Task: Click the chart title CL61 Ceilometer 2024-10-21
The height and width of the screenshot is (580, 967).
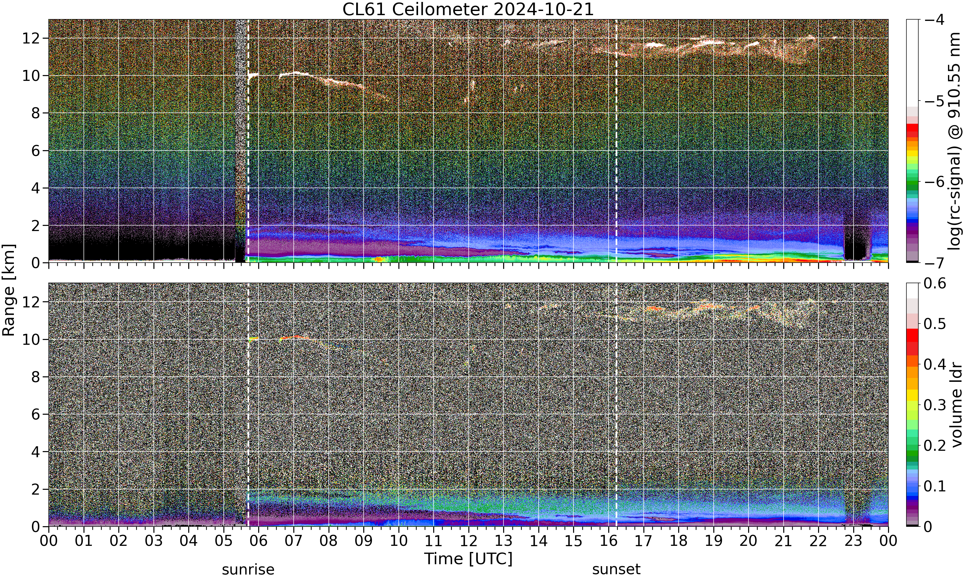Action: (468, 9)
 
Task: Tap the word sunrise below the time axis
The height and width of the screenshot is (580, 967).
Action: (248, 569)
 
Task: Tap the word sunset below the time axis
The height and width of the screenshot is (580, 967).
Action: (616, 569)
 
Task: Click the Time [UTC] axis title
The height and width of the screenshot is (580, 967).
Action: (468, 558)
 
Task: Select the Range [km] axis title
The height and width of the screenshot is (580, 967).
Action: (9, 290)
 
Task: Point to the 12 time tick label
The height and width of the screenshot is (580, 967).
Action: (468, 541)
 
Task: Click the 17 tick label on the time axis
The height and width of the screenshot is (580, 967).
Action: (643, 541)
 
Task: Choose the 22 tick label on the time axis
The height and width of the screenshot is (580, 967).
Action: (818, 541)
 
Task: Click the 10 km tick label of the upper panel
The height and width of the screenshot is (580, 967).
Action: (31, 75)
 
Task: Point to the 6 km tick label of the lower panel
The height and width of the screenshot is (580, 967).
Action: (36, 414)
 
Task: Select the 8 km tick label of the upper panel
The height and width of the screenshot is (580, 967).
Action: (36, 113)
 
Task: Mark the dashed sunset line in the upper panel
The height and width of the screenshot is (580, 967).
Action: (616, 141)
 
